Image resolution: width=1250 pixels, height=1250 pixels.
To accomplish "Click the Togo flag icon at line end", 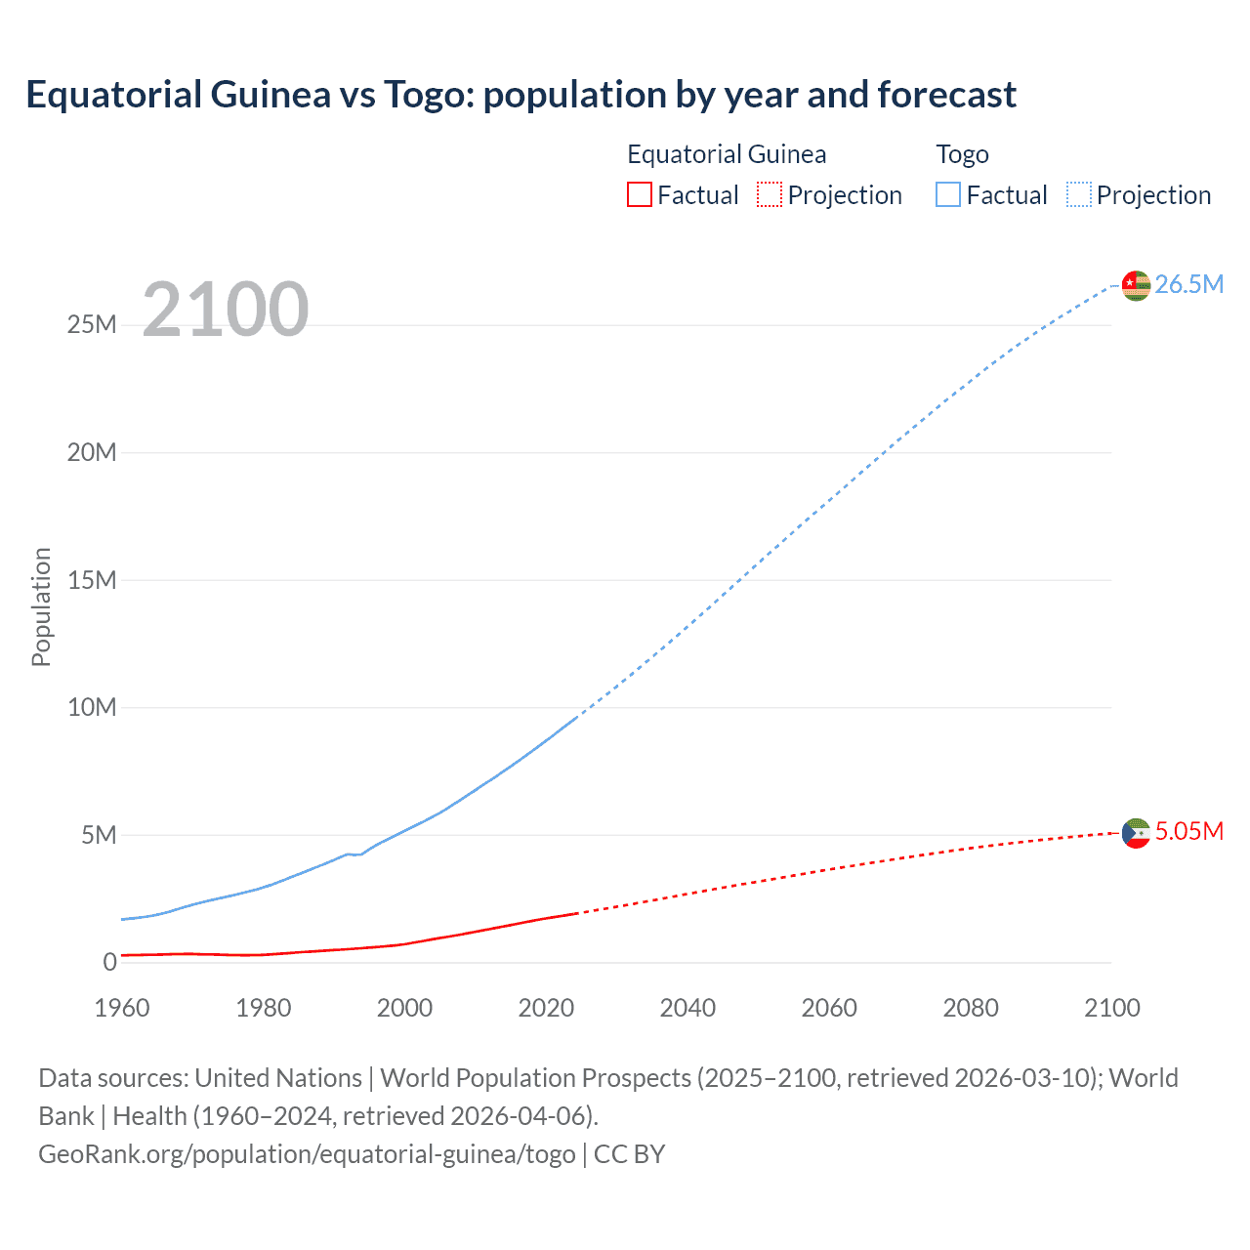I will tap(1136, 285).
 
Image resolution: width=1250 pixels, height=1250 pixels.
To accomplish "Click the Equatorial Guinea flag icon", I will tap(1136, 833).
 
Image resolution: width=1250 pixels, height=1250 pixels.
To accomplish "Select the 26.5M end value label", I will tap(1189, 284).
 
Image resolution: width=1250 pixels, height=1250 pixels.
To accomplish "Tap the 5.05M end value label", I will tap(1189, 832).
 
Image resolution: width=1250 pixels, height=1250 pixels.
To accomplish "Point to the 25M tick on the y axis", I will tap(92, 325).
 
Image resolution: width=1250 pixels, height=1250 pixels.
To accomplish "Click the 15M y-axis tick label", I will tap(92, 580).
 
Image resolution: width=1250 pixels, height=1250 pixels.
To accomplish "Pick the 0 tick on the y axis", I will tap(109, 962).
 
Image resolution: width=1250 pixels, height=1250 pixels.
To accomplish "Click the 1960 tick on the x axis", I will tap(122, 1008).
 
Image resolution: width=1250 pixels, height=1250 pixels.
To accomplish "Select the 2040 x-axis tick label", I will tap(687, 1008).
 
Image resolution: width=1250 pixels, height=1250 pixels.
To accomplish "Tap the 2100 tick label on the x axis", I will tap(1111, 1008).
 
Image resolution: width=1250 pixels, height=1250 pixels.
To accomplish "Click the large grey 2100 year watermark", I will tap(226, 310).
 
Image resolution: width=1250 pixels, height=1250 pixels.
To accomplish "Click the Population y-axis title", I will tap(41, 606).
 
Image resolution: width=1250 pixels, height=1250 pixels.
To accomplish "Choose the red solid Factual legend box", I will tap(640, 195).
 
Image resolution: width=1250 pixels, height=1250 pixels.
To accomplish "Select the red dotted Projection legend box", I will tap(770, 195).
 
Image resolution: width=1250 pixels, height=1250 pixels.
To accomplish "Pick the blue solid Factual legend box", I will tap(948, 195).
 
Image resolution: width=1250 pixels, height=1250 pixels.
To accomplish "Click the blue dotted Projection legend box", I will tap(1079, 195).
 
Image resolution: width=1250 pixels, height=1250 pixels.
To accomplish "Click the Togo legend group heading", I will tap(962, 154).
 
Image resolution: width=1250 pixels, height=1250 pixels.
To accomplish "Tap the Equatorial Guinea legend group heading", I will tap(727, 154).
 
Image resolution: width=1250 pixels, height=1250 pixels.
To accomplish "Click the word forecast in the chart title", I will tap(946, 95).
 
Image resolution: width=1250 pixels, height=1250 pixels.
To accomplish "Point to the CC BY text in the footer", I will tap(629, 1154).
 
